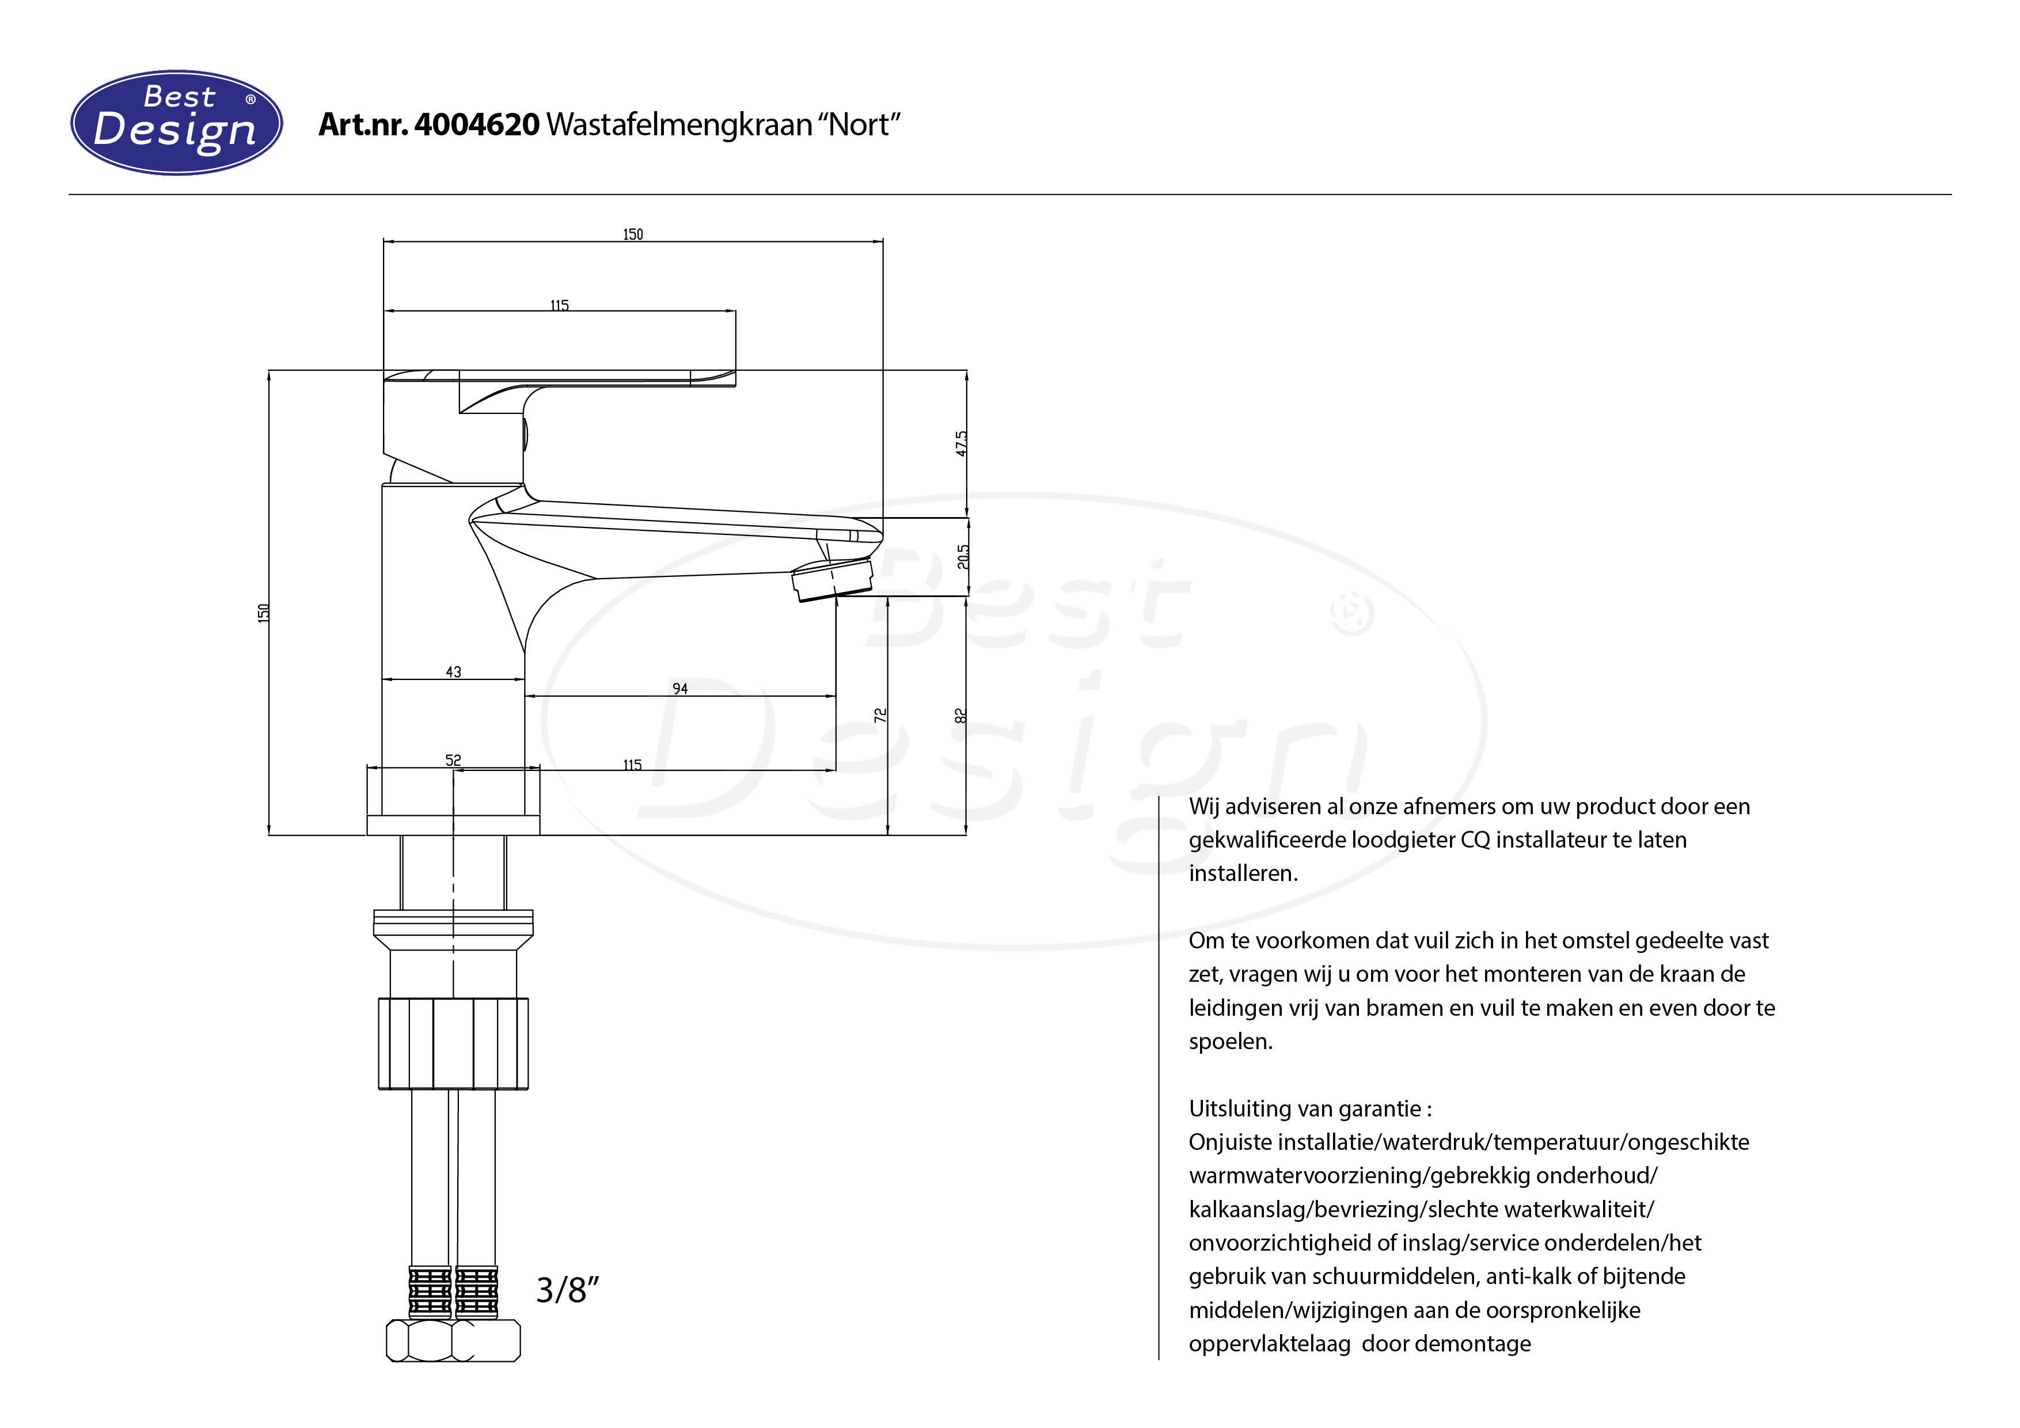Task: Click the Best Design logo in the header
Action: click(x=176, y=122)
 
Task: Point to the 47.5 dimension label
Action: click(x=962, y=443)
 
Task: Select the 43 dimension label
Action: click(x=453, y=671)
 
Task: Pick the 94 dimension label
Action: click(x=680, y=688)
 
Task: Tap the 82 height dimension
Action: click(x=960, y=716)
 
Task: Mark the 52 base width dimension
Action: click(x=453, y=759)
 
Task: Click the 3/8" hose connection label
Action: click(x=567, y=1290)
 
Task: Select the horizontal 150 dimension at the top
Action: click(x=633, y=234)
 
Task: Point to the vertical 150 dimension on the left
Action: click(x=263, y=613)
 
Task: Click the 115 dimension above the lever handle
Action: click(x=560, y=305)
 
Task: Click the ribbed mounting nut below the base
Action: click(x=453, y=1043)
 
